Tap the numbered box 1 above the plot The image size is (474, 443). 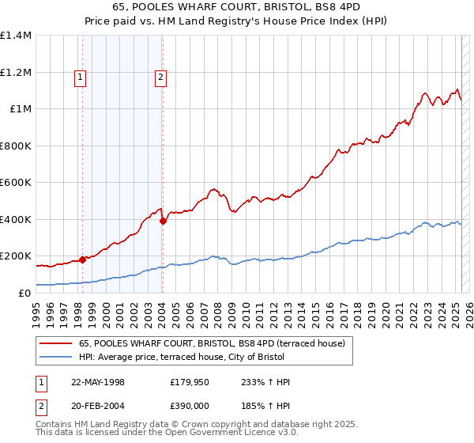81,77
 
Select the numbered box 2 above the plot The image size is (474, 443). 160,77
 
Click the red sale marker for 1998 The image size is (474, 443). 82,259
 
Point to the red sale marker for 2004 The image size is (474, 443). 162,221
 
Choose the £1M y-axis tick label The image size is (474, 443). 21,109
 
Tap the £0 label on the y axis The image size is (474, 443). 24,293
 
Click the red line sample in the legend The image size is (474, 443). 55,343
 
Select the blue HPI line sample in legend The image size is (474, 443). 55,358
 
